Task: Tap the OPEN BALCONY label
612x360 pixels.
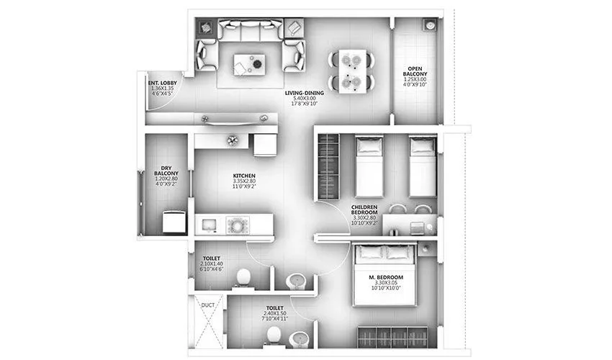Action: click(x=415, y=72)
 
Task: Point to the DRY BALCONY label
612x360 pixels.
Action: click(x=165, y=173)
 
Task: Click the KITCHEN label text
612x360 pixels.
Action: click(x=244, y=176)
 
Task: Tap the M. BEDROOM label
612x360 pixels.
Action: click(x=387, y=278)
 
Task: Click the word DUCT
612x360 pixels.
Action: click(x=208, y=305)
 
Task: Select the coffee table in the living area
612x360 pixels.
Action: click(x=250, y=63)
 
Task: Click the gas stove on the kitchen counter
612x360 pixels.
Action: click(x=237, y=225)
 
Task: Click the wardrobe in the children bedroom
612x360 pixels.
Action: click(x=328, y=167)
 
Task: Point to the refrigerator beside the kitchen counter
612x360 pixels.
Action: click(x=265, y=144)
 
